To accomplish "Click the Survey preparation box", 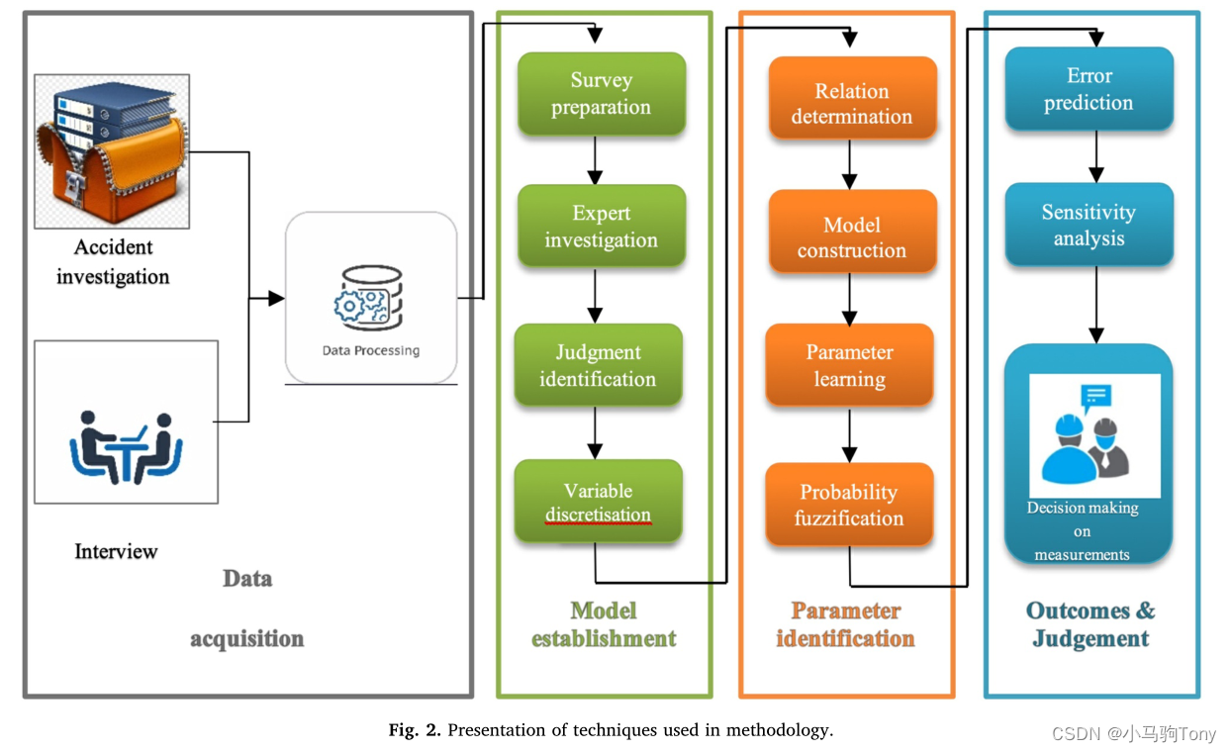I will [x=601, y=94].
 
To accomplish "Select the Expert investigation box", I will [x=601, y=227].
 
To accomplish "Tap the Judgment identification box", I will [x=598, y=365].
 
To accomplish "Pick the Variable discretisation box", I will [x=598, y=502].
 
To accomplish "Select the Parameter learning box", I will [x=849, y=365].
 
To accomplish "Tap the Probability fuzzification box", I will [x=849, y=505].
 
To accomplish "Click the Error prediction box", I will [x=1089, y=89].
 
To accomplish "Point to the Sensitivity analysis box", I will [x=1089, y=225].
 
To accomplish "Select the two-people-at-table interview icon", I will [x=126, y=446].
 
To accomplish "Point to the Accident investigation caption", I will [x=112, y=261].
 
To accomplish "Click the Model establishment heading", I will [x=604, y=624].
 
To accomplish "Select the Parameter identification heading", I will [x=845, y=624].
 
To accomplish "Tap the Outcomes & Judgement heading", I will [x=1090, y=624].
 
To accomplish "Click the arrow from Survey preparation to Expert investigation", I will [x=596, y=159].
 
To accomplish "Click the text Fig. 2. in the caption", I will [x=415, y=730].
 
